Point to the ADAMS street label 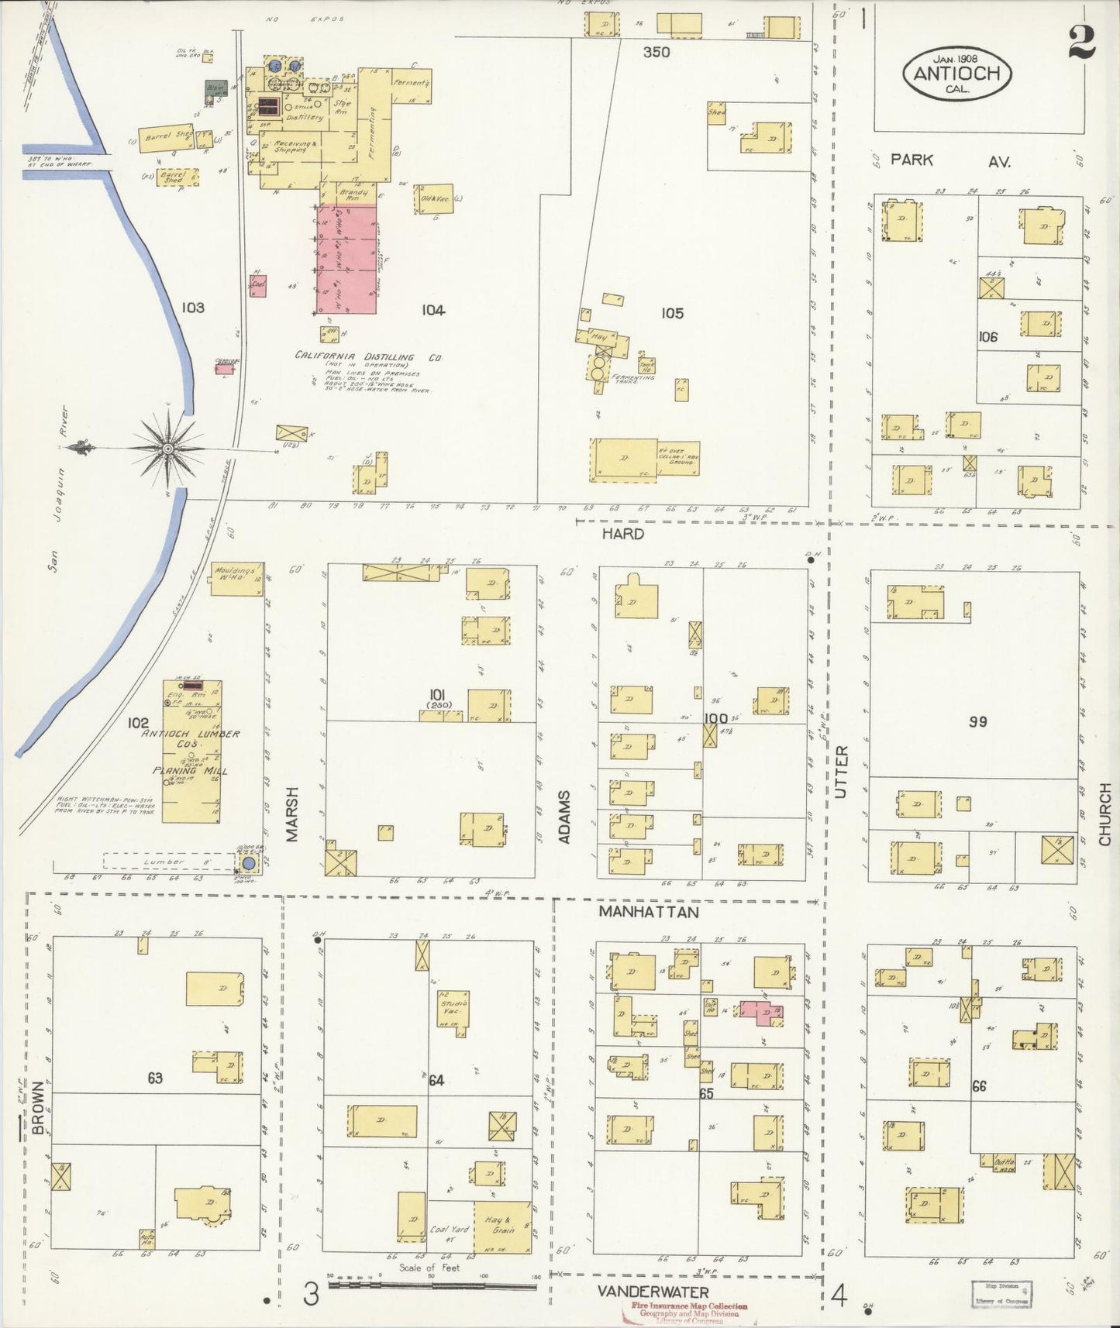(x=565, y=817)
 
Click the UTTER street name (x=843, y=772)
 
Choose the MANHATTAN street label (x=648, y=912)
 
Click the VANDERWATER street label (x=653, y=1292)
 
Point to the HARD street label (x=624, y=534)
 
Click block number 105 (x=672, y=313)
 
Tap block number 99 (x=977, y=721)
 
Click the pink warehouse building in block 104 (x=346, y=259)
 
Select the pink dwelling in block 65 (x=761, y=1010)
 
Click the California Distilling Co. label (x=367, y=357)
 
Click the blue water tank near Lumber (x=249, y=863)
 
